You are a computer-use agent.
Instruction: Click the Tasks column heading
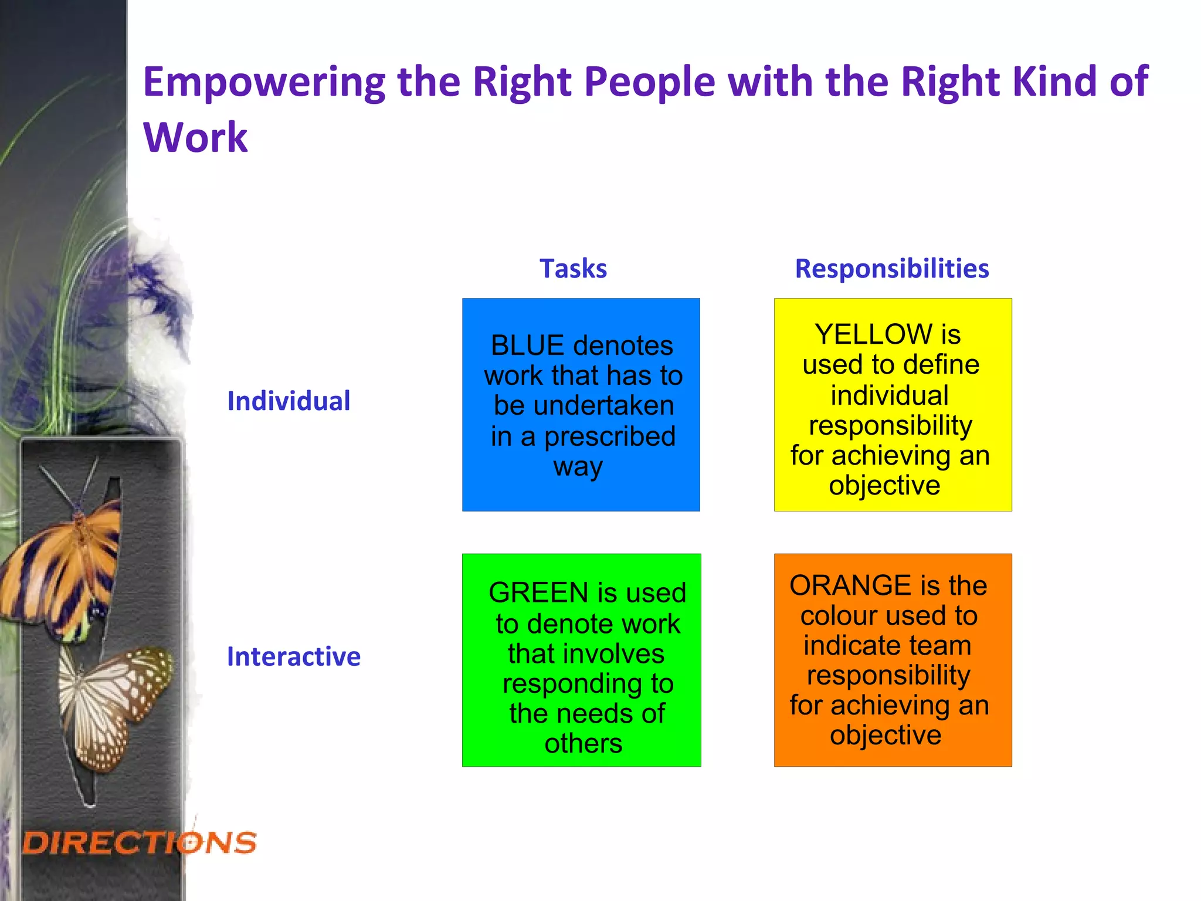pyautogui.click(x=573, y=269)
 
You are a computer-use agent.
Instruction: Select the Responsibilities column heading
pyautogui.click(x=891, y=269)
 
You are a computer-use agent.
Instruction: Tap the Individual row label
pyautogui.click(x=289, y=401)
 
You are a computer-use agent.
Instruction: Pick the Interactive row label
pyautogui.click(x=293, y=656)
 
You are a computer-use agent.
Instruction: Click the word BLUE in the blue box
pyautogui.click(x=527, y=346)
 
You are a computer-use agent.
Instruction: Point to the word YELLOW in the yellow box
pyautogui.click(x=874, y=334)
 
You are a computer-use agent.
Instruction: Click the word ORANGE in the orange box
pyautogui.click(x=850, y=585)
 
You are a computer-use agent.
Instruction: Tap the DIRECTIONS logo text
pyautogui.click(x=140, y=843)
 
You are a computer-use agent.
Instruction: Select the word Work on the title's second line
pyautogui.click(x=195, y=137)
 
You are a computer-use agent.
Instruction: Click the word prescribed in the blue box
pyautogui.click(x=610, y=436)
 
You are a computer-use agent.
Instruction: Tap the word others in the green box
pyautogui.click(x=583, y=744)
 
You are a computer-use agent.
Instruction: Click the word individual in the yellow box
pyautogui.click(x=889, y=395)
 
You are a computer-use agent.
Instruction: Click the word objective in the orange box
pyautogui.click(x=885, y=735)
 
